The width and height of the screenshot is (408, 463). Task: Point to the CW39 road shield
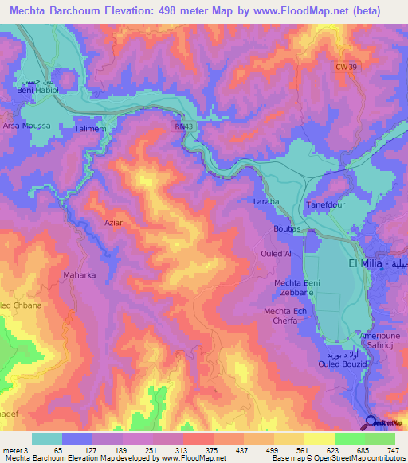[x=342, y=68]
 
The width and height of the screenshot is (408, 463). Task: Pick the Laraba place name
[x=266, y=202]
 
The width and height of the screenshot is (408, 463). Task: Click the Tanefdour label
[x=325, y=204]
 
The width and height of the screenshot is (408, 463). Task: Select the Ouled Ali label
[x=277, y=253]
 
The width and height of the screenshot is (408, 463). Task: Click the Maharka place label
[x=80, y=276]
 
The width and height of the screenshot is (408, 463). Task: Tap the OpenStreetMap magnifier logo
[x=371, y=422]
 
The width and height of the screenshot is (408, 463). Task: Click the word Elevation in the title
[x=148, y=11]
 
